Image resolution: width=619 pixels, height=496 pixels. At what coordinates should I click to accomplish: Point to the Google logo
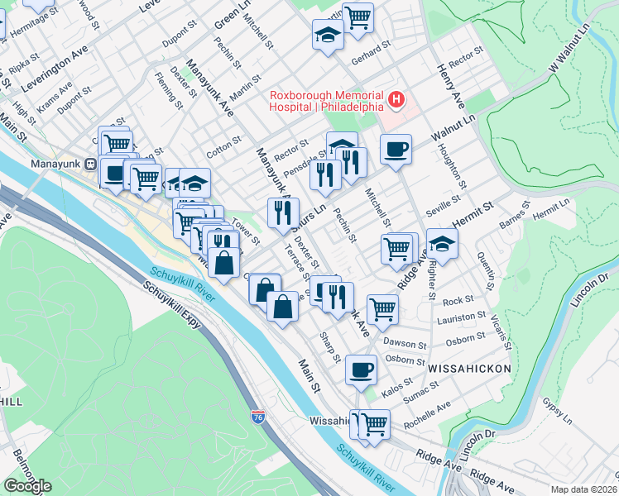[x=26, y=486]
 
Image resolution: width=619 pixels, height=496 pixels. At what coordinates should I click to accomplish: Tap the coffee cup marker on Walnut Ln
[x=396, y=150]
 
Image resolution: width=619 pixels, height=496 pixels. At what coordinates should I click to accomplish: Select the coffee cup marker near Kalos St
[x=360, y=370]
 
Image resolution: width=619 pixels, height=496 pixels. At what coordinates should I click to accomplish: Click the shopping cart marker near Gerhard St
[x=357, y=17]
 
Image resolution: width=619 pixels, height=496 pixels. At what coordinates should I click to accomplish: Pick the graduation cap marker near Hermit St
[x=443, y=244]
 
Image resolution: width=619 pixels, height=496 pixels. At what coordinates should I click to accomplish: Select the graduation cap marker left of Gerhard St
[x=328, y=35]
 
